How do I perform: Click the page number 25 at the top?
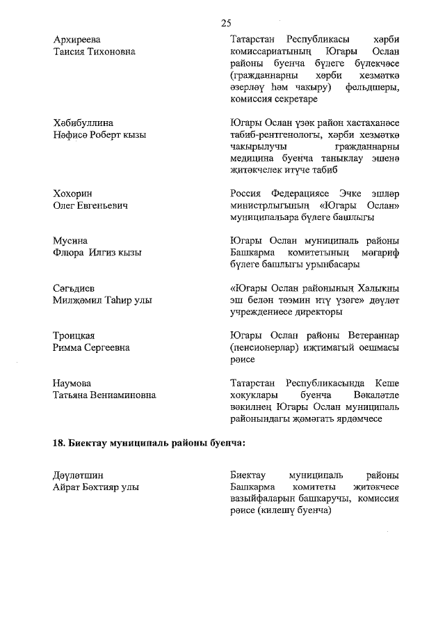tap(226, 23)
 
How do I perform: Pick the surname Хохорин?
tap(72, 193)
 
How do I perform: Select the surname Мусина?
tap(70, 240)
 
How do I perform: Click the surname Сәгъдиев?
tap(74, 288)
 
